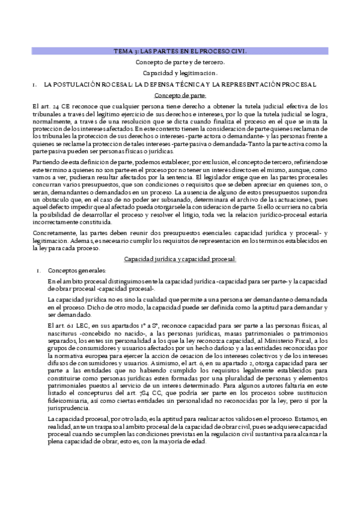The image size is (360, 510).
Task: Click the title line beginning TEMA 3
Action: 180,51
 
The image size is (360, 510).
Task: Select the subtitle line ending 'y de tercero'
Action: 180,62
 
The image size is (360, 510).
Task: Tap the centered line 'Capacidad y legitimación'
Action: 180,73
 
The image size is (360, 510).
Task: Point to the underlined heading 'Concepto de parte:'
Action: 180,96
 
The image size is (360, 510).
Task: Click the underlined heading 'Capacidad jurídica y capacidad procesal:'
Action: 180,259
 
